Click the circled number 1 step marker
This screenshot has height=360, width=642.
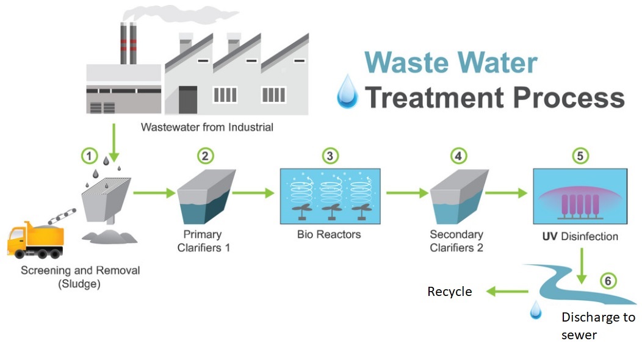coord(90,156)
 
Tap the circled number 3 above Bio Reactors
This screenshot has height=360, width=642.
coord(330,156)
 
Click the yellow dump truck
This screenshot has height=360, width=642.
coord(35,240)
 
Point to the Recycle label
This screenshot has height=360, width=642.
coord(449,292)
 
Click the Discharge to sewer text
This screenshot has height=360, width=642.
coord(597,326)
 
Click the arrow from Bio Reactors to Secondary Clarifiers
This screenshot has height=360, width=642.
coord(407,193)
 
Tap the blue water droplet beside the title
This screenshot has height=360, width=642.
coord(348,92)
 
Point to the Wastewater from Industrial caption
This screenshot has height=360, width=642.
coord(207,128)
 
